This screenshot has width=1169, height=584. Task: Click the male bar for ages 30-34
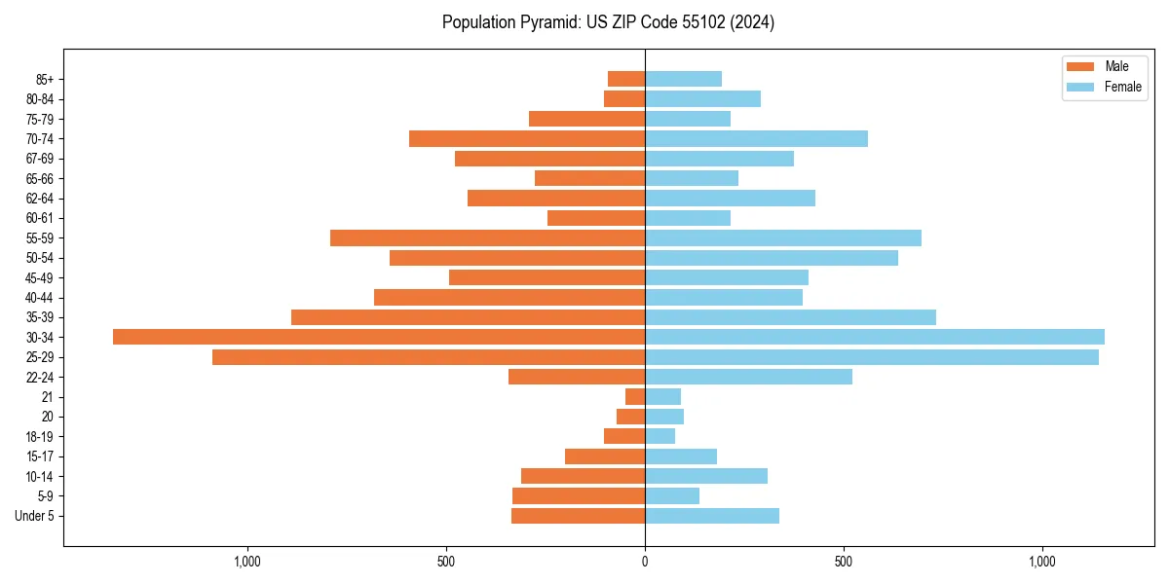379,337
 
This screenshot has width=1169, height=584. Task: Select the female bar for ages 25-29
872,357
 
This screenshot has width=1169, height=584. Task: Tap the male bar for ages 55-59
487,237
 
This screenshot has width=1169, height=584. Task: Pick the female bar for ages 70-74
756,138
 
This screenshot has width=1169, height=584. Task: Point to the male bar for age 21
635,396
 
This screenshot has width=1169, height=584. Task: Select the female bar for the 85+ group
683,79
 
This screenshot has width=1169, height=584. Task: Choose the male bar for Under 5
578,516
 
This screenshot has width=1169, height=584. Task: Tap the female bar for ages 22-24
748,377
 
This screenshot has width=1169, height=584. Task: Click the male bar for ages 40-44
509,297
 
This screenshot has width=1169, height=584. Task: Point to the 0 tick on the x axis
645,562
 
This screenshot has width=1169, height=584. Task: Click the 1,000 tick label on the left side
247,562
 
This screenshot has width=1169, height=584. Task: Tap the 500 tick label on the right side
844,562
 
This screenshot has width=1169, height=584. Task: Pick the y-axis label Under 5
34,516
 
